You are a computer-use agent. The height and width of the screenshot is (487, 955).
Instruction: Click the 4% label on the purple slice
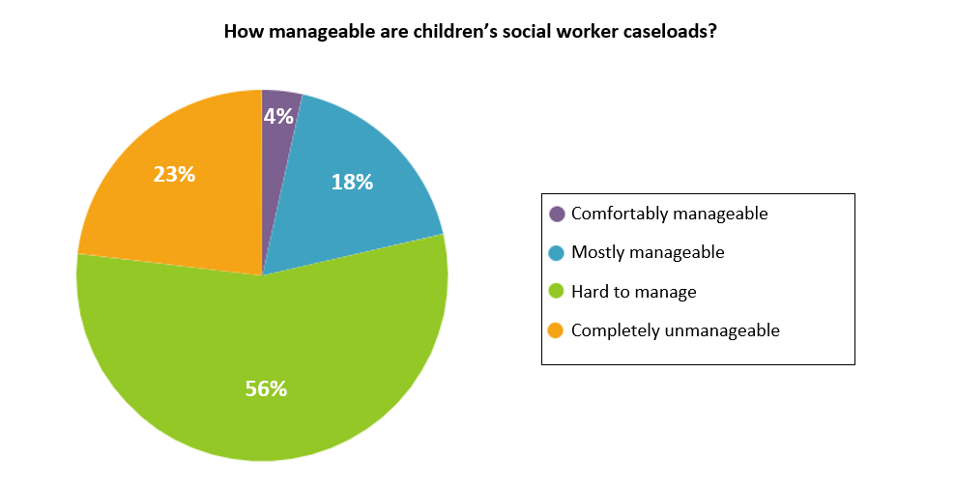[278, 117]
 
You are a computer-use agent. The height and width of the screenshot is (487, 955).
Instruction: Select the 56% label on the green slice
[266, 388]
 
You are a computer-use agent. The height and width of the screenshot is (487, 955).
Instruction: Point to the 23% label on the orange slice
[174, 175]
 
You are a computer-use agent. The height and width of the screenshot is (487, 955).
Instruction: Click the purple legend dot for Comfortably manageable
[557, 214]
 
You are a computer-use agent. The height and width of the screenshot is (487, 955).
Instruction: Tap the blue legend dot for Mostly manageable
[557, 252]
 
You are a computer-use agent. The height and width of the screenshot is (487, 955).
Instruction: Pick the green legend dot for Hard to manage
[557, 291]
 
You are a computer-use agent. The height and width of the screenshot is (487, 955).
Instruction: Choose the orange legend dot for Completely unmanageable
[557, 329]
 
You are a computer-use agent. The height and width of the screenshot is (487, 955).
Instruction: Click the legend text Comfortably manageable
[669, 214]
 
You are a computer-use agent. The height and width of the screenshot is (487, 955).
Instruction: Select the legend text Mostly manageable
[648, 252]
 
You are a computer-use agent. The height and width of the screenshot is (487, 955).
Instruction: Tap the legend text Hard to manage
[633, 291]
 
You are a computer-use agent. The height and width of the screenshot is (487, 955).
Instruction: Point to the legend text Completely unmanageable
[675, 329]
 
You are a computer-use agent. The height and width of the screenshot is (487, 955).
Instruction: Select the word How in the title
[242, 31]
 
